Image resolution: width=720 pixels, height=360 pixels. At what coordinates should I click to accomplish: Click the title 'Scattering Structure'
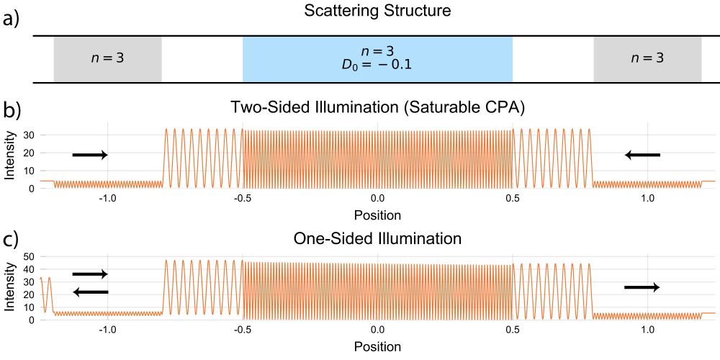[x=377, y=11]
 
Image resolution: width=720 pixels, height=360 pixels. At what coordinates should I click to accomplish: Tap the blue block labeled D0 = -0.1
[x=377, y=59]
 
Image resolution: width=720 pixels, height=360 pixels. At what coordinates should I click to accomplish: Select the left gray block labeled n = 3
[x=108, y=59]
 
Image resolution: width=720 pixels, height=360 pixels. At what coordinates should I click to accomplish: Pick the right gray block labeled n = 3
[x=647, y=59]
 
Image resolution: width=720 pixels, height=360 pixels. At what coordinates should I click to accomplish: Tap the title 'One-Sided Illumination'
[x=377, y=240]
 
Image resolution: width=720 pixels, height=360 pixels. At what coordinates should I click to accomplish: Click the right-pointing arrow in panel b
[x=90, y=156]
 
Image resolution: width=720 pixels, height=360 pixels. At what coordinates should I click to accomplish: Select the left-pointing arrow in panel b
[x=642, y=156]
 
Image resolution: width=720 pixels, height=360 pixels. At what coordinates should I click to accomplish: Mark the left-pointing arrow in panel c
[x=91, y=292]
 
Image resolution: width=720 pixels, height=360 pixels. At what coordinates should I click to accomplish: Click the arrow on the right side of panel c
[x=642, y=287]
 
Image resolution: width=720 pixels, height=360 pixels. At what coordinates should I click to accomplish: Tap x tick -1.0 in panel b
[x=107, y=201]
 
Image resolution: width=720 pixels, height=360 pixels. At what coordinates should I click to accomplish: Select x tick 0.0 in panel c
[x=377, y=329]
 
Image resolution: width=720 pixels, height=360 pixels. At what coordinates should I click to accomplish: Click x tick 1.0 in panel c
[x=647, y=329]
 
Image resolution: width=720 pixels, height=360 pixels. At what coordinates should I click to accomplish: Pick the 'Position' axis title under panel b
[x=377, y=215]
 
